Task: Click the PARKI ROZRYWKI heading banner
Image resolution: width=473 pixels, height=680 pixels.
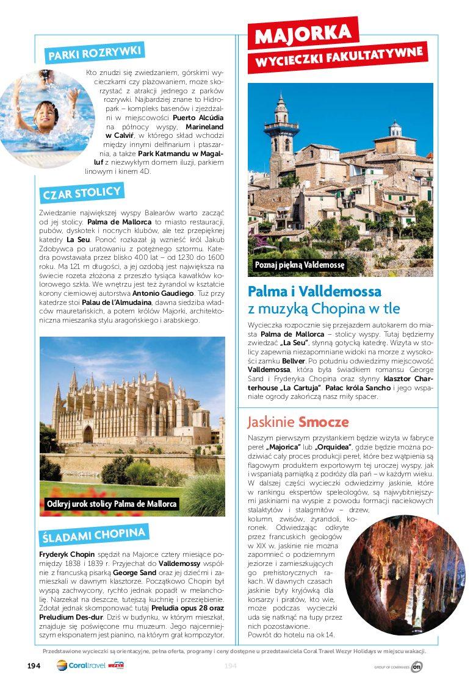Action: click(95, 52)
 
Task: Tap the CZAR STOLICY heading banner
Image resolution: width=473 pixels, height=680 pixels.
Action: click(82, 193)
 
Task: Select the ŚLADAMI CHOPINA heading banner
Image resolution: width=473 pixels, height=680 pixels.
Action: click(93, 535)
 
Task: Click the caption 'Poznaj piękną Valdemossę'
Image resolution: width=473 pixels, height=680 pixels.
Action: click(300, 265)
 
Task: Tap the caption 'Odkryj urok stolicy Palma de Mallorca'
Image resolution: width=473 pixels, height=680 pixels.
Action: click(112, 504)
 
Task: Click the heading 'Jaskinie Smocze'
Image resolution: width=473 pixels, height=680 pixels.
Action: click(298, 422)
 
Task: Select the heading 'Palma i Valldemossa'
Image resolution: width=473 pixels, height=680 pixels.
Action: click(314, 291)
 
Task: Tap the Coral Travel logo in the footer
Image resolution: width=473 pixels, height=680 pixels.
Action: click(81, 665)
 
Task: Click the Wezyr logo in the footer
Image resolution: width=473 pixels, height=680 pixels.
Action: click(116, 665)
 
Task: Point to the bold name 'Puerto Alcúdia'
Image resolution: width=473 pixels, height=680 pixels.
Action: click(198, 116)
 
